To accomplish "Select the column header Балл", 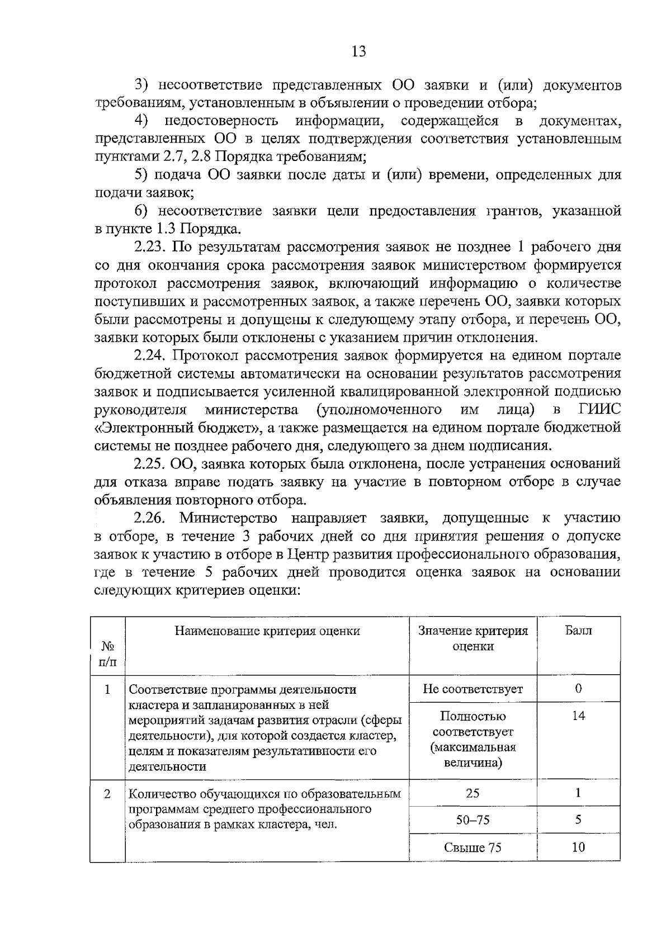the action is [578, 631].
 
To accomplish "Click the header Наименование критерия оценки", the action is [267, 631].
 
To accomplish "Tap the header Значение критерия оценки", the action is [473, 638].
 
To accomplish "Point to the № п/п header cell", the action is [108, 654].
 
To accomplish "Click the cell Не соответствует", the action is [473, 689].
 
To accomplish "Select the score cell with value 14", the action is [578, 716].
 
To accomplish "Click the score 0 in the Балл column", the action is [578, 689].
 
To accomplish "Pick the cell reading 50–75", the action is [473, 820].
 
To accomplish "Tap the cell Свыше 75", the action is [473, 847].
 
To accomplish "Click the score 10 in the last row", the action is [578, 847].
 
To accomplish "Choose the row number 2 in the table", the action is [107, 794].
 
